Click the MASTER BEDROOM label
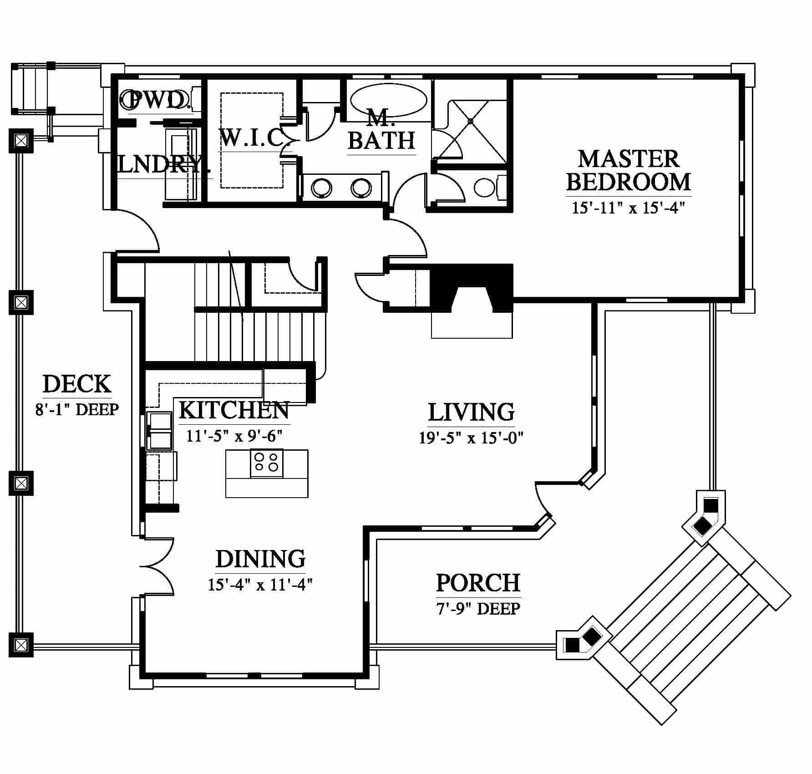pos(629,170)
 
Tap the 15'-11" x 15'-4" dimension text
pos(629,208)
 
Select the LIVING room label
pos(472,412)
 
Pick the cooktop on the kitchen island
pos(266,463)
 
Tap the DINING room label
pos(260,559)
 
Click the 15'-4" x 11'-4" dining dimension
pos(260,584)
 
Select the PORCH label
pos(478,582)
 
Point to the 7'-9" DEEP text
pos(478,608)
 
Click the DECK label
pos(76,384)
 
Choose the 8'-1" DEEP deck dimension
pos(77,409)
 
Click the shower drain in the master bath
pos(471,121)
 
